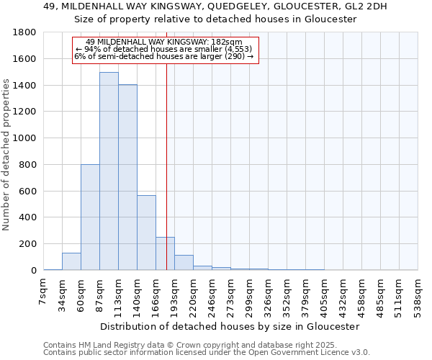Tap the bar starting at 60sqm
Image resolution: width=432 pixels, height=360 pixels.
[x=90, y=217]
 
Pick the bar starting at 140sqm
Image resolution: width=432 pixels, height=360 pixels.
[x=146, y=233]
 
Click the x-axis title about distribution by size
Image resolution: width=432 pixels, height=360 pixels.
[x=230, y=326]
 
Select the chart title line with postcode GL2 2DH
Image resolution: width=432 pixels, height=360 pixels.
[x=216, y=6]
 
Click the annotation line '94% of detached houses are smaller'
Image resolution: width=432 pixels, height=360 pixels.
[x=164, y=49]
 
